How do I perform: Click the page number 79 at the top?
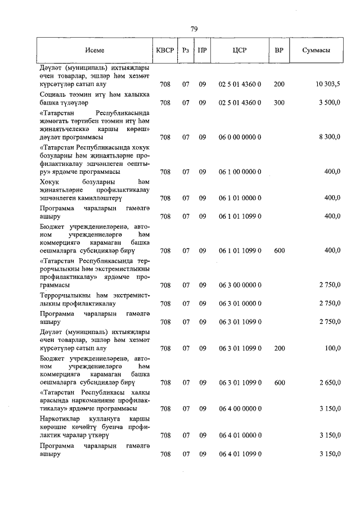(x=194, y=29)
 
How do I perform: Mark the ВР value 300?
(x=279, y=102)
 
